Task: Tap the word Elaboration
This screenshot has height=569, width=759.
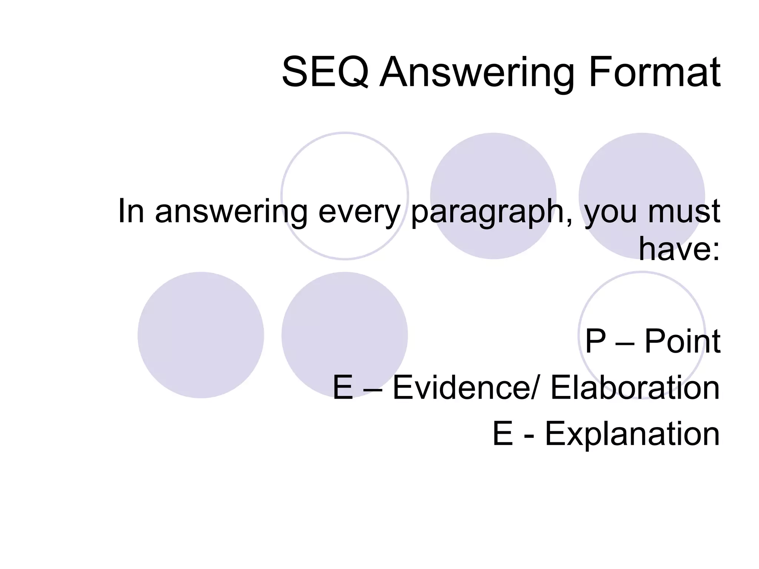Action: (x=635, y=387)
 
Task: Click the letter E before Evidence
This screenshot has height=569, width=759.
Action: (x=343, y=387)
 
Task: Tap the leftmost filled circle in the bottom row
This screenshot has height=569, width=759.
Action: (x=200, y=335)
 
